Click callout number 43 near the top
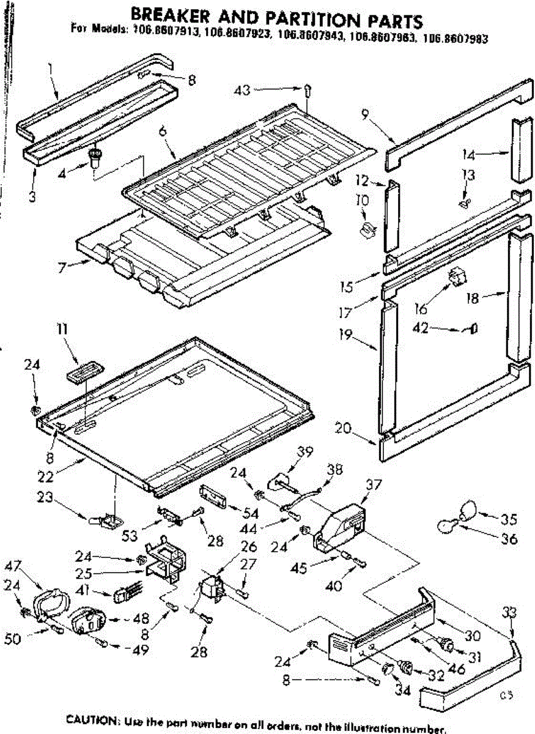point(243,91)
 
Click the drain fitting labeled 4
point(95,160)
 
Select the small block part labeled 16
point(457,277)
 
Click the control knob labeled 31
point(447,643)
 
